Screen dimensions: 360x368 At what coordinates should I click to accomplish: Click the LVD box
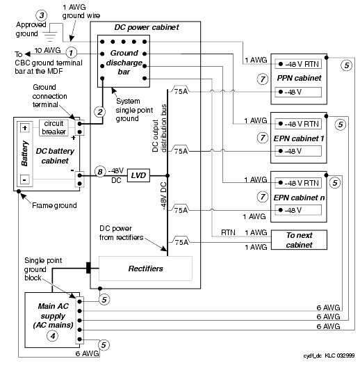138,175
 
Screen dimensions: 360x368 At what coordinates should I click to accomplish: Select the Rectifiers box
145,269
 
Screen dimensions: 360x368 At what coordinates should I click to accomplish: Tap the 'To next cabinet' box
299,239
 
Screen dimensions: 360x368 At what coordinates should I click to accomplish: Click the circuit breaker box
54,127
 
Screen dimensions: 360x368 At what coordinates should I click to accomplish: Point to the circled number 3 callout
42,15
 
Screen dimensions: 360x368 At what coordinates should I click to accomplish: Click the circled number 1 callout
71,53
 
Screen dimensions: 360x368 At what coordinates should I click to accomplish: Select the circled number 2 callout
99,112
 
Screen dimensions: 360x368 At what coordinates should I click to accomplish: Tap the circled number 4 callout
53,336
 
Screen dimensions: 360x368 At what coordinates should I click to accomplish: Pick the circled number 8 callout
100,172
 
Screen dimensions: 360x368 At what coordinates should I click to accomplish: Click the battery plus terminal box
25,128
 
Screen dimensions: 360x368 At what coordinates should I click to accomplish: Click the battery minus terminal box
25,179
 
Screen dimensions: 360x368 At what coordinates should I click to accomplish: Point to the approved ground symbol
50,35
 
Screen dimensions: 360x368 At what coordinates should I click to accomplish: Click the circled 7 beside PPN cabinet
263,79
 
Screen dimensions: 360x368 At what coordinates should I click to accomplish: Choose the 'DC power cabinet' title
147,27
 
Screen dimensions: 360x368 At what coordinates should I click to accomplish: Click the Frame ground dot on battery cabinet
19,191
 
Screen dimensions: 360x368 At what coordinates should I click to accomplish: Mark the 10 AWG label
48,50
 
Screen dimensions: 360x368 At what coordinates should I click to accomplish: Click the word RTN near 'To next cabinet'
228,232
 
